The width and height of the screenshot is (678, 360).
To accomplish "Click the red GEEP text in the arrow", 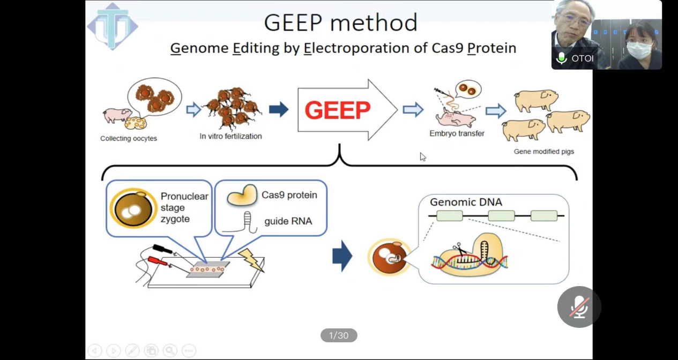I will (337, 110).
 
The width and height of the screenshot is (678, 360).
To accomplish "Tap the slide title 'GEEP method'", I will (341, 22).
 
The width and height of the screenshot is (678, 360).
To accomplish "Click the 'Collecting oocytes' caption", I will (129, 139).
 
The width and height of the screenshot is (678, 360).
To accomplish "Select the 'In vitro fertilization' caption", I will (230, 137).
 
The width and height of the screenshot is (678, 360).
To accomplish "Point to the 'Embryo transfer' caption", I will (457, 133).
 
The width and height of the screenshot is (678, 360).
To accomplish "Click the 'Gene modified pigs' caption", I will (543, 152).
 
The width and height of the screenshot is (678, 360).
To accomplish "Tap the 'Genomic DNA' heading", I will (466, 202).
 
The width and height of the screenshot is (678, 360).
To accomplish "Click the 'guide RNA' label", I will (288, 221).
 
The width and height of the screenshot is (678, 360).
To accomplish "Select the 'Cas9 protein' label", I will (289, 195).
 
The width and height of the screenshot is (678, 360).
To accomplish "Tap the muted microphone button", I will (579, 307).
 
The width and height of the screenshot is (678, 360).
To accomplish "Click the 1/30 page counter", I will (339, 336).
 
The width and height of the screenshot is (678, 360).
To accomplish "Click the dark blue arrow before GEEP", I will (279, 110).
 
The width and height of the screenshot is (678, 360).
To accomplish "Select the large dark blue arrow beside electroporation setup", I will (342, 256).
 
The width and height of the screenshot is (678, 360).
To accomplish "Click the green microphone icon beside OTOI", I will (561, 58).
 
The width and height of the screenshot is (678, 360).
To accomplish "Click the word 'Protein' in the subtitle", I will (491, 48).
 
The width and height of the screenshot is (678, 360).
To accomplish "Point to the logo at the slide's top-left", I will (113, 26).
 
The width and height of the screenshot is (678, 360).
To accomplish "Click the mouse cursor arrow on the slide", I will (423, 156).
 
